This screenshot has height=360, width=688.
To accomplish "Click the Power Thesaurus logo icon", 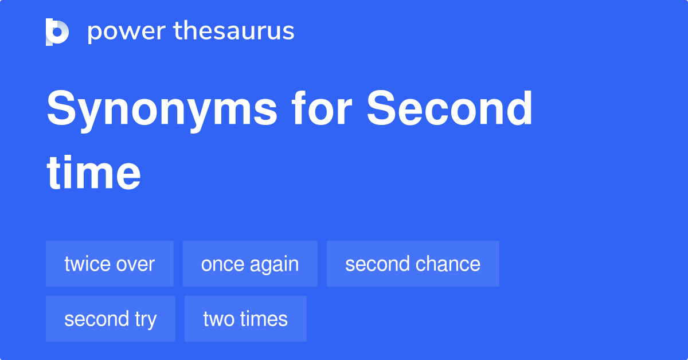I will pos(57,32).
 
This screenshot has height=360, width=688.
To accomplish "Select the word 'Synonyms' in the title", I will pos(162,111).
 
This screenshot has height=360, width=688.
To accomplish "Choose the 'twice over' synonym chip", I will pos(110,264).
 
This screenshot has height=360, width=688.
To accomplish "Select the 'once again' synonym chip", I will pos(250,264).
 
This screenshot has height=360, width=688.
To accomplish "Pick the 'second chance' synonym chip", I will pos(413,264).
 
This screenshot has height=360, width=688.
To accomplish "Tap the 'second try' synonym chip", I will pos(111,319).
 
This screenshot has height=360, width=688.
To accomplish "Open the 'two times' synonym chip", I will pos(245,319).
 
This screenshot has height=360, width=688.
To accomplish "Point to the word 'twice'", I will pos(87,264).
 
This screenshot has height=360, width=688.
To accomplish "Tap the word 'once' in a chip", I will pos(222,264).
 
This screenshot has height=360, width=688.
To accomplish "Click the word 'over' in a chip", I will pos(135,264).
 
